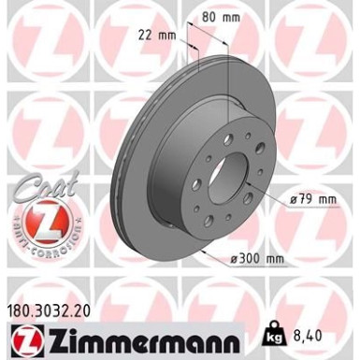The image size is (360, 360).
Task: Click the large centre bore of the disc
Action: pos(229,177)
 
